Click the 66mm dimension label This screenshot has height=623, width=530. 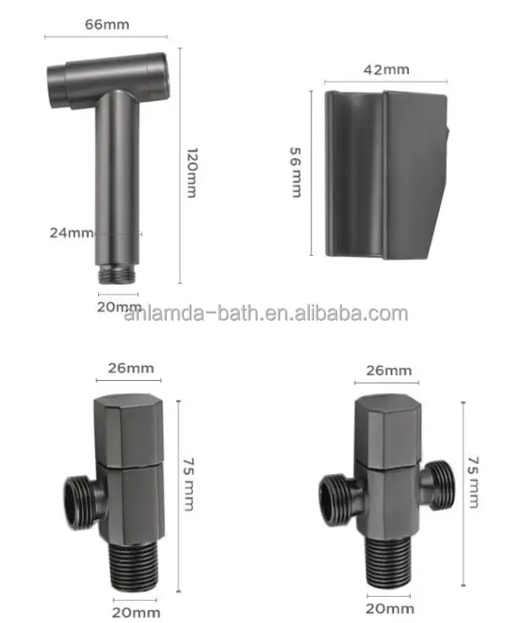click(x=107, y=25)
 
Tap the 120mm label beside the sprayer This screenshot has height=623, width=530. click(x=191, y=174)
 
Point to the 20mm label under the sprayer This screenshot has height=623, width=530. click(x=119, y=306)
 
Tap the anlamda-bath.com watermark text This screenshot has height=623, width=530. click(x=265, y=314)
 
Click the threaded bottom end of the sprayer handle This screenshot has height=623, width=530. click(x=119, y=273)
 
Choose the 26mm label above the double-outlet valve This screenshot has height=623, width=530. click(x=390, y=370)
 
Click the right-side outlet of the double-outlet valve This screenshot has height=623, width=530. click(x=438, y=486)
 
